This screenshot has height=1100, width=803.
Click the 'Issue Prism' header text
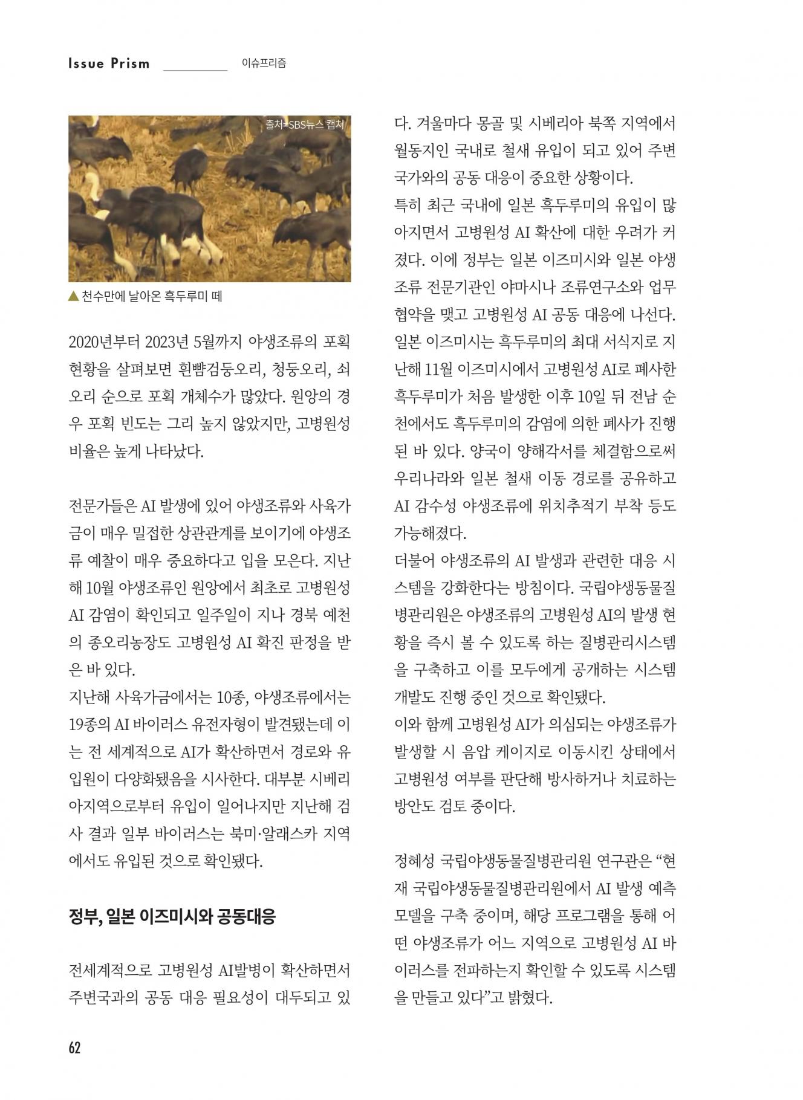[x=109, y=63]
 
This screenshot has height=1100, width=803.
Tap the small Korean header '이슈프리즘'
[x=264, y=63]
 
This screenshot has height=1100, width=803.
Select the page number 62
[x=74, y=1047]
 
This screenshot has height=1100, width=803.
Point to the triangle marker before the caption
[x=73, y=296]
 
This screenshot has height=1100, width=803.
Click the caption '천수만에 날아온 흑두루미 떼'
[x=152, y=297]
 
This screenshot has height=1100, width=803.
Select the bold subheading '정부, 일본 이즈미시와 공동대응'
[x=172, y=916]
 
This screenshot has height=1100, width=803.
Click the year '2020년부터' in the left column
[x=104, y=342]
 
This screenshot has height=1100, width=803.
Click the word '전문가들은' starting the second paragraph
[x=102, y=506]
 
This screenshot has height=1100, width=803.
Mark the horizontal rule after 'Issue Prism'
[x=195, y=70]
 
